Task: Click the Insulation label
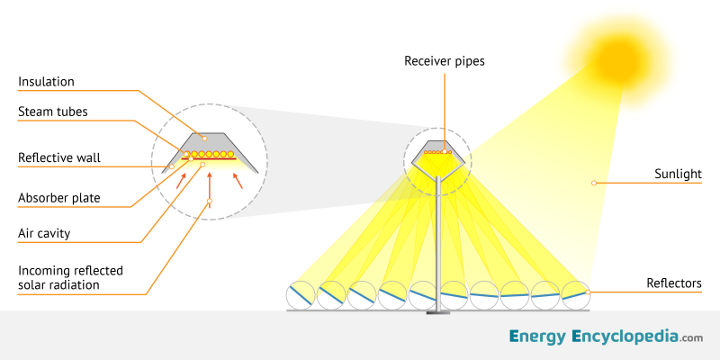tap(46, 82)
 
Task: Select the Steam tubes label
tap(54, 112)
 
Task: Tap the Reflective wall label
tap(59, 158)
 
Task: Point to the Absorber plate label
tap(58, 197)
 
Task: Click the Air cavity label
tap(44, 233)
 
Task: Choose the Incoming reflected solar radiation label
tap(70, 278)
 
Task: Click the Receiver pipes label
tap(444, 61)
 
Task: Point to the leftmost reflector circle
tap(301, 295)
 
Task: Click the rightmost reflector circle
tap(574, 292)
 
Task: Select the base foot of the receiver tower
tap(437, 312)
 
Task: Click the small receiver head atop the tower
tap(438, 154)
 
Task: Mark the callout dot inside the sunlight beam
tap(593, 183)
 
